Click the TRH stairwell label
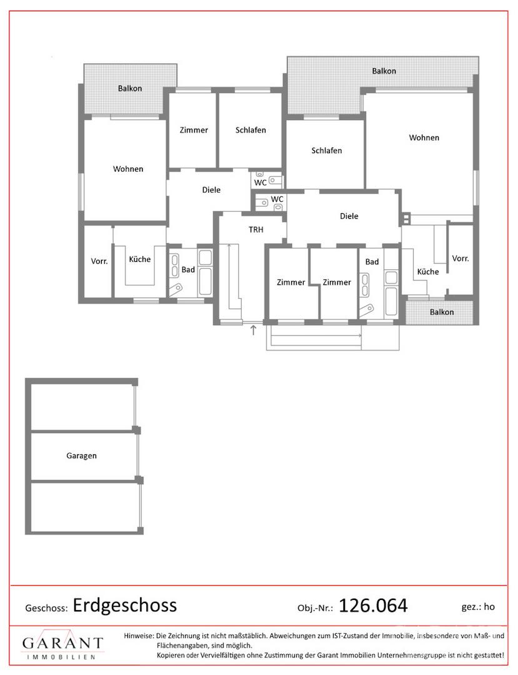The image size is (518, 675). (256, 230)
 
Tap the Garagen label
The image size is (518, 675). (81, 456)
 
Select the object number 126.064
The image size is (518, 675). (373, 606)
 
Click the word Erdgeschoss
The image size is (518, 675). (125, 606)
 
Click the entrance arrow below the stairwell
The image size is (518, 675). (254, 330)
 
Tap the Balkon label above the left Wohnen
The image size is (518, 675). (130, 89)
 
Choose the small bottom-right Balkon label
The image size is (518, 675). (442, 312)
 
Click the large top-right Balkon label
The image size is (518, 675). (384, 71)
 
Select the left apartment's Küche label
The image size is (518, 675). (140, 259)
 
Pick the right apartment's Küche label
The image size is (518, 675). (428, 272)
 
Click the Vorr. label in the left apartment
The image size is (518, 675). (99, 261)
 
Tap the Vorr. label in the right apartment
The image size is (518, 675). (461, 258)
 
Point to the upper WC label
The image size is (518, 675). (261, 183)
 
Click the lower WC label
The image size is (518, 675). (277, 199)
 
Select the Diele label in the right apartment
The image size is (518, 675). (349, 216)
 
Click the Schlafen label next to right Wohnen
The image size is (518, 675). (327, 151)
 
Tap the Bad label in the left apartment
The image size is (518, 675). (188, 270)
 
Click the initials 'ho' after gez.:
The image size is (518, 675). (489, 607)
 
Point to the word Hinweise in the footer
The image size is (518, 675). (139, 636)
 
